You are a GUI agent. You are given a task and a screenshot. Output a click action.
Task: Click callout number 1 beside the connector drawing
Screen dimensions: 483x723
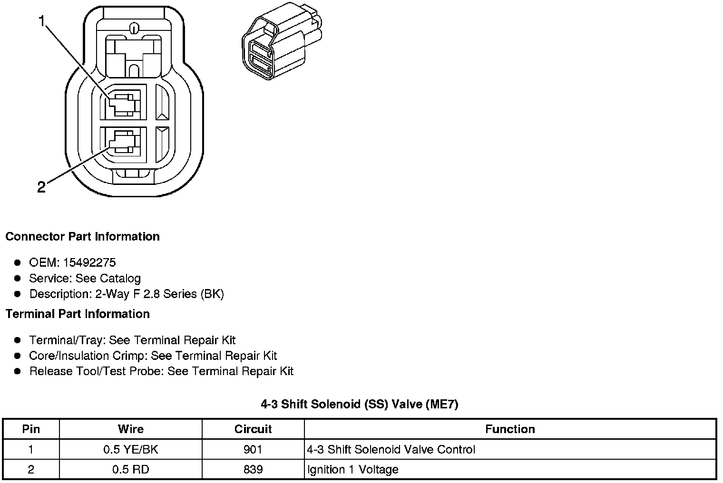pyautogui.click(x=43, y=21)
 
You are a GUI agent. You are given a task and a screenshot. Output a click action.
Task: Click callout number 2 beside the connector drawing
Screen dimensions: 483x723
pyautogui.click(x=41, y=187)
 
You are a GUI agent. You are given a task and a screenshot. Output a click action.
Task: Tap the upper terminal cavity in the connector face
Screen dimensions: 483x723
pyautogui.click(x=123, y=103)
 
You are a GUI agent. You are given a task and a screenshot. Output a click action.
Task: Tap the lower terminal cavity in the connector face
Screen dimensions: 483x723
pyautogui.click(x=122, y=143)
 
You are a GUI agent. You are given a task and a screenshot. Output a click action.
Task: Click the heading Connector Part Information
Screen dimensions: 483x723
pyautogui.click(x=82, y=237)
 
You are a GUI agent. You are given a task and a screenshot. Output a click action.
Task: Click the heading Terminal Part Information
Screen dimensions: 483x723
pyautogui.click(x=78, y=314)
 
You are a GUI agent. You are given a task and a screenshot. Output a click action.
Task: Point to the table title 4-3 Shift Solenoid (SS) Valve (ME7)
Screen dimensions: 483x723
pyautogui.click(x=359, y=404)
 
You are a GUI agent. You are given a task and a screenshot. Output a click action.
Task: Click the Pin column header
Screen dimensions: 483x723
pyautogui.click(x=31, y=429)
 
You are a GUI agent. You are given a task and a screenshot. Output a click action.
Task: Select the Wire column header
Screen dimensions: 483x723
pyautogui.click(x=130, y=429)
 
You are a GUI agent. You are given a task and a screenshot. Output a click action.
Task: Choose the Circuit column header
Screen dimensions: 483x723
pyautogui.click(x=253, y=429)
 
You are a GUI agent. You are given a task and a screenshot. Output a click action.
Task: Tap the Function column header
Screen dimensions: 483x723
pyautogui.click(x=510, y=429)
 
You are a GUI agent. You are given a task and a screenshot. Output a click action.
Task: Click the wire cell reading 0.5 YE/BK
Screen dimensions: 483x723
pyautogui.click(x=130, y=450)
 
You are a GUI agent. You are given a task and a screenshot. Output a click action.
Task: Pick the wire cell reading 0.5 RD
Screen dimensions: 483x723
pyautogui.click(x=130, y=470)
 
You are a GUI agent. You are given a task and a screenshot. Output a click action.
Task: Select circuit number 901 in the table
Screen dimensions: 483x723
pyautogui.click(x=253, y=450)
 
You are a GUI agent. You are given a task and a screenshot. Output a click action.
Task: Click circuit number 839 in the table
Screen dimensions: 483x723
pyautogui.click(x=253, y=470)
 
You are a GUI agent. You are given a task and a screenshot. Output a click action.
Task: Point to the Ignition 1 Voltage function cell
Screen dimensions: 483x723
pyautogui.click(x=352, y=470)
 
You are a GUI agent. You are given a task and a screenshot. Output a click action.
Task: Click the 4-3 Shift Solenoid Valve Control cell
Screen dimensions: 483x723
pyautogui.click(x=391, y=450)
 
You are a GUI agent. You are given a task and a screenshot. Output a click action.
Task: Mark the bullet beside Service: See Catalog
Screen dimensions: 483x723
pyautogui.click(x=18, y=278)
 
